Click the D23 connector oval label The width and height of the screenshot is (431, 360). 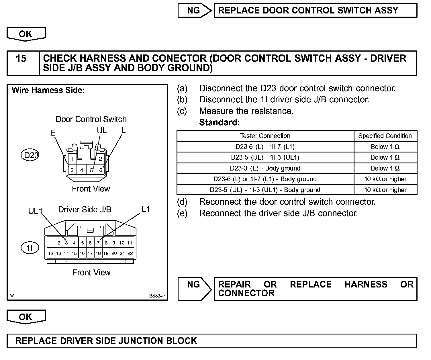coord(30,155)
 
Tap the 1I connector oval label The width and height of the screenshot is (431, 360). coord(30,248)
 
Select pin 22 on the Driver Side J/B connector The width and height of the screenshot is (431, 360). coord(130,253)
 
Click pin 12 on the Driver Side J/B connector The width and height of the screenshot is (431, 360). coord(51,253)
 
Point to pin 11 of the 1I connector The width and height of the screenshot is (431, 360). coord(130,243)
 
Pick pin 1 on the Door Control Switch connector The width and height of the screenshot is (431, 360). coord(72,159)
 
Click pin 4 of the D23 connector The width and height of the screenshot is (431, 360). coord(82,170)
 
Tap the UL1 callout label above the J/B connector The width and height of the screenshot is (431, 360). coord(35,212)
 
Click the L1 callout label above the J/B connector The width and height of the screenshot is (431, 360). coord(146,209)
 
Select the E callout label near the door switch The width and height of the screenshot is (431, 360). coord(52,133)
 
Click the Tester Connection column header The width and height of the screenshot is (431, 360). coord(265,136)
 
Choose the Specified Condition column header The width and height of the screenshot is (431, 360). coord(385,136)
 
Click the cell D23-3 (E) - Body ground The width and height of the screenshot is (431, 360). coord(265,168)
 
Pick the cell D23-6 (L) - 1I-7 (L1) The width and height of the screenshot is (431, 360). coord(265,147)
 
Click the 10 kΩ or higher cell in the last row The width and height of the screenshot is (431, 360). coord(385,190)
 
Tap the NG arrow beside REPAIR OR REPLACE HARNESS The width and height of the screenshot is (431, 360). coord(194,289)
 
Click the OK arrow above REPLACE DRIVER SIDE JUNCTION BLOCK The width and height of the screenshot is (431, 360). coord(26,317)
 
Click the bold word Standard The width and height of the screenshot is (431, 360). coord(219,122)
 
